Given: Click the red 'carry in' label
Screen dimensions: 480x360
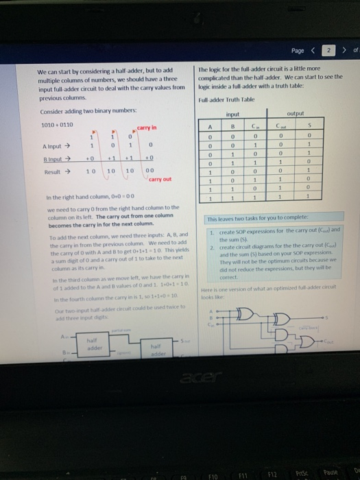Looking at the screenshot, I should pyautogui.click(x=147, y=128).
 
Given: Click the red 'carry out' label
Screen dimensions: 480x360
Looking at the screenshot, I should pyautogui.click(x=160, y=179).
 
